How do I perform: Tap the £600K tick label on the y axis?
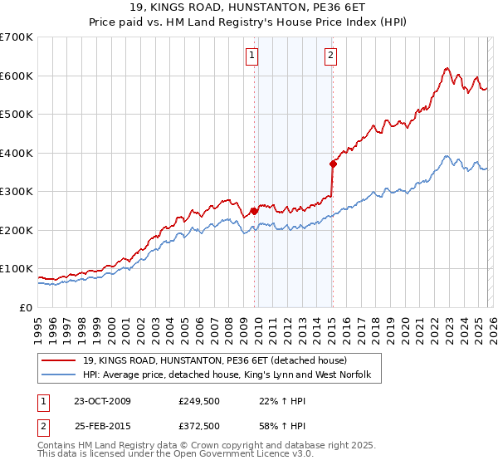pos(17,76)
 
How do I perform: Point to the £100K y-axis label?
pos(17,269)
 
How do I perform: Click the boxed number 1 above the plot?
pos(251,56)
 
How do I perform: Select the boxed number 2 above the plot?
pos(330,56)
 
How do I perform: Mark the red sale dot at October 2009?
pos(254,211)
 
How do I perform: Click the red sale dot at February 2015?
pos(333,163)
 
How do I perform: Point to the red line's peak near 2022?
pos(447,69)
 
